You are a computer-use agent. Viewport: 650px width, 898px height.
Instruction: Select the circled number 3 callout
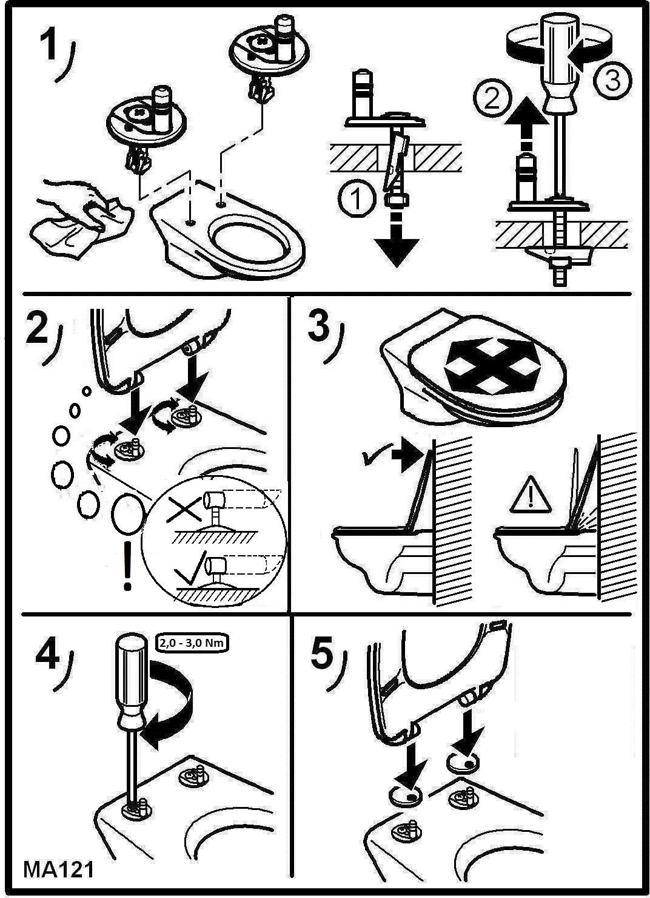pyautogui.click(x=612, y=80)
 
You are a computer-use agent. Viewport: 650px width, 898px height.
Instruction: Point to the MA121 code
pyautogui.click(x=59, y=870)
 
